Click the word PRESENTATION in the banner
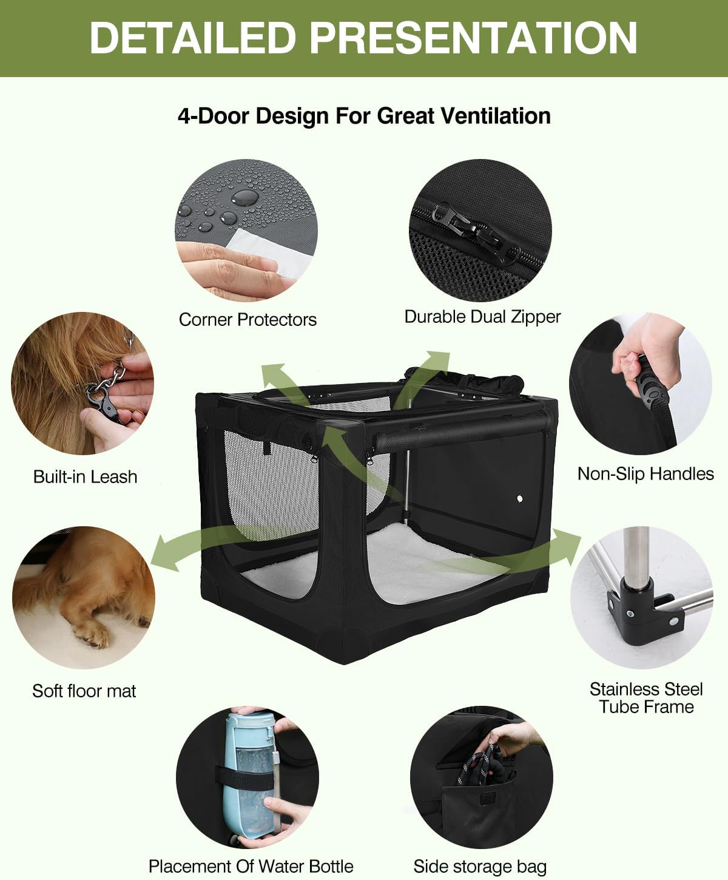coord(474,38)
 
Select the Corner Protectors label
coord(248,319)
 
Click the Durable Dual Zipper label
coord(482,316)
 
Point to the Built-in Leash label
coord(85,476)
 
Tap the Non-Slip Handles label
coord(645,473)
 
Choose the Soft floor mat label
coord(84,691)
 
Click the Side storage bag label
coord(480,866)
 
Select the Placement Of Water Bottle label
coord(251,865)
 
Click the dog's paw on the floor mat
coord(91,634)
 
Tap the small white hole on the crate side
coord(519,499)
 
